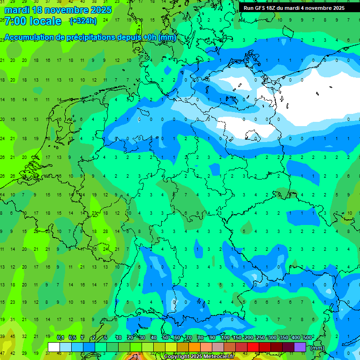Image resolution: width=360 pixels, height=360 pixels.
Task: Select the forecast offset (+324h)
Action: point(83,21)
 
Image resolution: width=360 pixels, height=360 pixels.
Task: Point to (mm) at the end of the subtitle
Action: point(167,37)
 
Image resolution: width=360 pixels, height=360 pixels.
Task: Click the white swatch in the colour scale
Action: point(54,347)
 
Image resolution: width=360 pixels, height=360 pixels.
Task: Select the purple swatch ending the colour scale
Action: point(300,347)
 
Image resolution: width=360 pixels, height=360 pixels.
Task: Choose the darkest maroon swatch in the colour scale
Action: point(288,347)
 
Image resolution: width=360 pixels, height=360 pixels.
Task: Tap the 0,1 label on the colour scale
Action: point(60,337)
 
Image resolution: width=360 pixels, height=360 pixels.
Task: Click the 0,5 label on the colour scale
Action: point(72,337)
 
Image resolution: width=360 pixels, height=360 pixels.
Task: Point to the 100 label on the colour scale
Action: point(225,337)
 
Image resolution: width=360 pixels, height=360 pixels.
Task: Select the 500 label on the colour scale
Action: point(307,337)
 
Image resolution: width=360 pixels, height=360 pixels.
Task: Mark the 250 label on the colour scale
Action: point(260,337)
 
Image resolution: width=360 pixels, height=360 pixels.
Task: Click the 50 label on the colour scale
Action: point(165,337)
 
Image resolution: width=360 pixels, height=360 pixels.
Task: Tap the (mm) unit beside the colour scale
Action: point(317,348)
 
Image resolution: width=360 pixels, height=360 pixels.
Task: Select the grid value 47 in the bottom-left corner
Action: point(2,353)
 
